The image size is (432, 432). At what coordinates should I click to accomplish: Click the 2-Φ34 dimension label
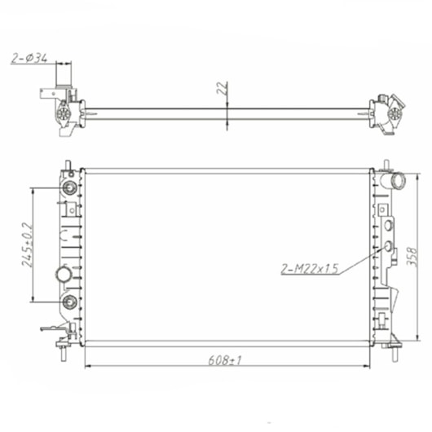click(29, 58)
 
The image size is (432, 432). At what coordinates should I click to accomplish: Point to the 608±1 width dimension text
click(227, 355)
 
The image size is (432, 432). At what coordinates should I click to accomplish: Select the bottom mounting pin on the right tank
click(395, 353)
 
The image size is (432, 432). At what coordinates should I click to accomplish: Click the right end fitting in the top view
click(385, 111)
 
